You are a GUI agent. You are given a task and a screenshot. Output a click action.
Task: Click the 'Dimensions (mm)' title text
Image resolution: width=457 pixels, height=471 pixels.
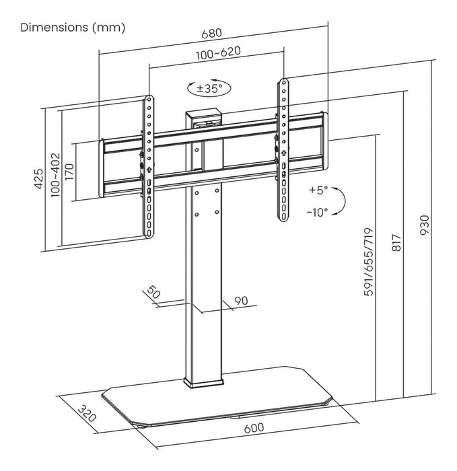point(73,28)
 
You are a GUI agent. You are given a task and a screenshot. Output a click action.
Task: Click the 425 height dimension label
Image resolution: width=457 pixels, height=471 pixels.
point(39,178)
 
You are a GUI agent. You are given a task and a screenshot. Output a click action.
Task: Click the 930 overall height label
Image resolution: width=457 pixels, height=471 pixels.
point(425,224)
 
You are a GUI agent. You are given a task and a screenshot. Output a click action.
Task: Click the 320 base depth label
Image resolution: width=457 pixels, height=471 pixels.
point(85,411)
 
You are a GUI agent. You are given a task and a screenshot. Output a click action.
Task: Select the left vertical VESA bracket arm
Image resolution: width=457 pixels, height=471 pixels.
point(147,165)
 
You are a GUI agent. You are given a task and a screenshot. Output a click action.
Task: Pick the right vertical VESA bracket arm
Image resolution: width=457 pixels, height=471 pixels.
point(283,151)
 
